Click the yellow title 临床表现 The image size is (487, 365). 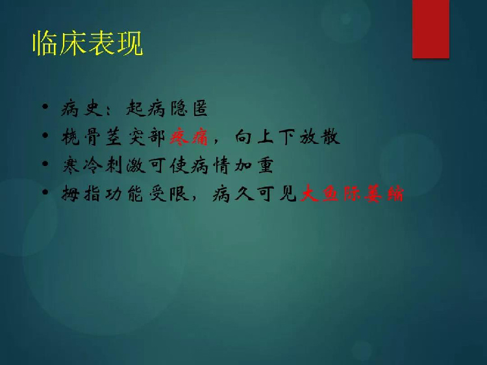88,43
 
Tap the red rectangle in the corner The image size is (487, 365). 431,29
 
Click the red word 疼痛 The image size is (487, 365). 189,137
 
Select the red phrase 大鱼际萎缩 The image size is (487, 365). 352,193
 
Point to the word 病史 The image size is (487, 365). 82,108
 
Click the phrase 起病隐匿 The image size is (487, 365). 167,108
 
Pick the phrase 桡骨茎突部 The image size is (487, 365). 114,137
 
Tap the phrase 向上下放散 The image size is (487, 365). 287,137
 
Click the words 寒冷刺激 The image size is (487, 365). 104,165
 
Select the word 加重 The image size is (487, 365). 254,165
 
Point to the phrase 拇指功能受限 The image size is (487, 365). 125,193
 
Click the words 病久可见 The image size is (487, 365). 255,193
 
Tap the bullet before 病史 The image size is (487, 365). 45,107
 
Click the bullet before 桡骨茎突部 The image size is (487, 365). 45,135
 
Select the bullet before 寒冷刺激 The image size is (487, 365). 45,163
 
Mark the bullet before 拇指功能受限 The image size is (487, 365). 45,192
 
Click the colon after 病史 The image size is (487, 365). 108,111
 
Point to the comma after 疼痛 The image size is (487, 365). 216,141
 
